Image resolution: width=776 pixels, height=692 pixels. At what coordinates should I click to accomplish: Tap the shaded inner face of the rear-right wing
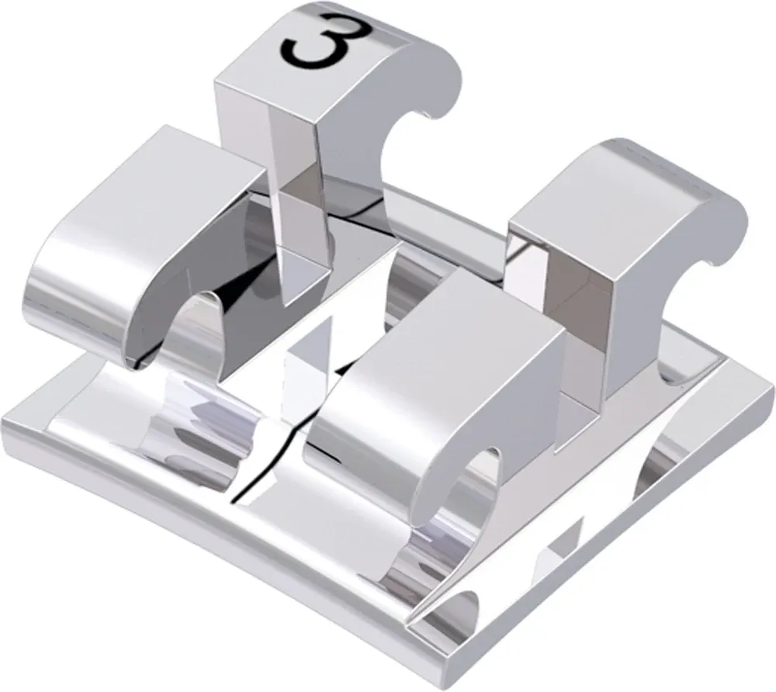[578, 310]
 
